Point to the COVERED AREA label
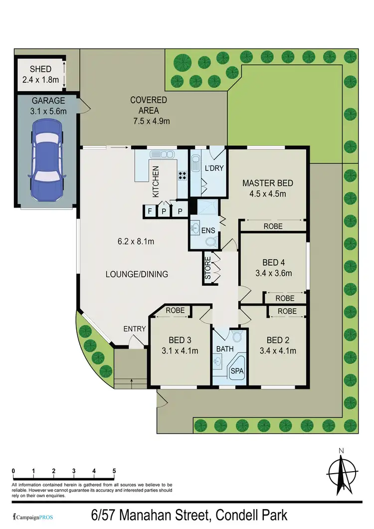click(149, 105)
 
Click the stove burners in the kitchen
click(183, 175)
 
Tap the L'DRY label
click(214, 169)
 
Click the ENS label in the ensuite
click(208, 230)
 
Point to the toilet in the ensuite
click(211, 242)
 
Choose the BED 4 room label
click(274, 263)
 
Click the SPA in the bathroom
click(235, 370)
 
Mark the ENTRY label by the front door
click(135, 329)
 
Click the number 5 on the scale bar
click(114, 471)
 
